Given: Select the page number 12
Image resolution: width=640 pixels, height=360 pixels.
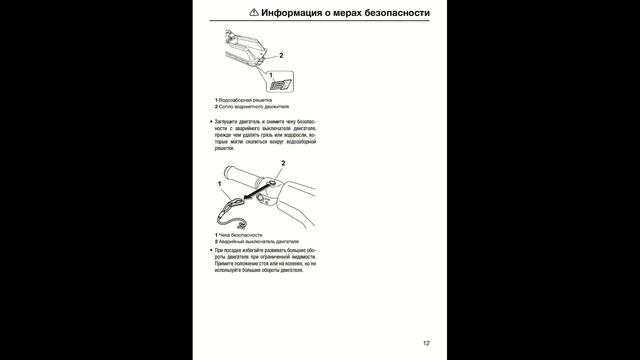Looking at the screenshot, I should [x=426, y=343].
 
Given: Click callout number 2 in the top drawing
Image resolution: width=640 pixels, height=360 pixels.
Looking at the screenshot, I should [x=281, y=55].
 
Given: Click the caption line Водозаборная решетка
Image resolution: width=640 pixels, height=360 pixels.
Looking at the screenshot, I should [x=244, y=99].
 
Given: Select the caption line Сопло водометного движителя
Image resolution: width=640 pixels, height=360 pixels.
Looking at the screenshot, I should [x=251, y=106].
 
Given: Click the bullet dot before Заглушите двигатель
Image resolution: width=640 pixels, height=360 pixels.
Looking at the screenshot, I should [x=211, y=121].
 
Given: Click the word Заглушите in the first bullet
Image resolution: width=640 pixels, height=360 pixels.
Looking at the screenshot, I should [x=231, y=121].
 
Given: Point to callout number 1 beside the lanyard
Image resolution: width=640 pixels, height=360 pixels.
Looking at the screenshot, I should [x=219, y=185].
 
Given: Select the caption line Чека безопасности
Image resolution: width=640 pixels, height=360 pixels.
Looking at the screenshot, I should [x=241, y=234].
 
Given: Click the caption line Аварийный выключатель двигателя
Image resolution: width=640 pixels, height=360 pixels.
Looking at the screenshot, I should [x=254, y=241].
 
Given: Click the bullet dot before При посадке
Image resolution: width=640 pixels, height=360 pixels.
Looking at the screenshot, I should [x=211, y=249].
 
